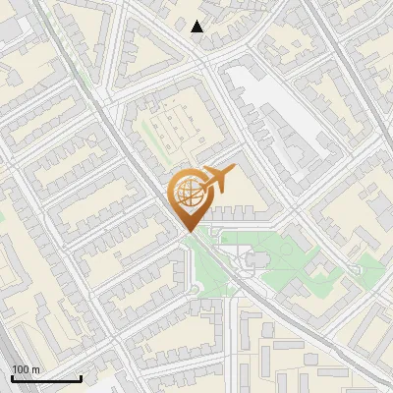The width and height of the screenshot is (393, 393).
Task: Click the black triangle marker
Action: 197,27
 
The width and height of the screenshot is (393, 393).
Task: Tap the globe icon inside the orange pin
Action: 187,191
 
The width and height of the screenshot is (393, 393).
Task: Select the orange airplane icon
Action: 217,180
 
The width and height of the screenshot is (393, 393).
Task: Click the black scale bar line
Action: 46,378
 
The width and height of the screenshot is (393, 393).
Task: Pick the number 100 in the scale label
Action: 21,369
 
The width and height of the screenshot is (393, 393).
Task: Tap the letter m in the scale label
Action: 35,369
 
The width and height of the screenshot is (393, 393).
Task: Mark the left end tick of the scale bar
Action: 12,376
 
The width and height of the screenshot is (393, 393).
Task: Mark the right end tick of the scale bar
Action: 81,376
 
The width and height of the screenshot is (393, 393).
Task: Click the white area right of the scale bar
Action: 103,383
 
